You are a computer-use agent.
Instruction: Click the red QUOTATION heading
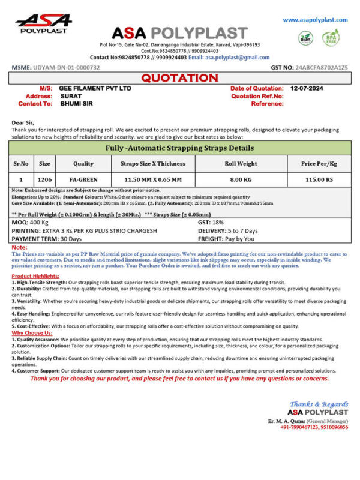coord(179,78)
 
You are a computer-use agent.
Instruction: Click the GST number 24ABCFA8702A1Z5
coord(321,68)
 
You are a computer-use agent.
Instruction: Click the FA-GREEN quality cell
coord(83,179)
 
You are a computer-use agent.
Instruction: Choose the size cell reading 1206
coord(44,179)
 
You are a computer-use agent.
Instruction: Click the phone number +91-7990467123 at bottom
coord(301,427)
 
